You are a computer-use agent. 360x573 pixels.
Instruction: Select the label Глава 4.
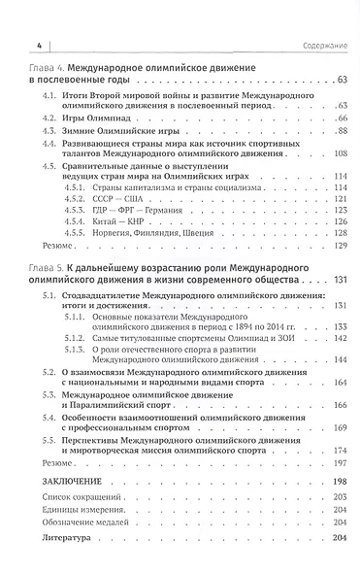coord(49,71)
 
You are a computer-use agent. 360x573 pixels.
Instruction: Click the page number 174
coord(340,451)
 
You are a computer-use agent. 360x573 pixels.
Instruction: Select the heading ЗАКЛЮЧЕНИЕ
coord(75,482)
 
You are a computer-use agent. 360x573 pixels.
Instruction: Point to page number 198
coord(340,482)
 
